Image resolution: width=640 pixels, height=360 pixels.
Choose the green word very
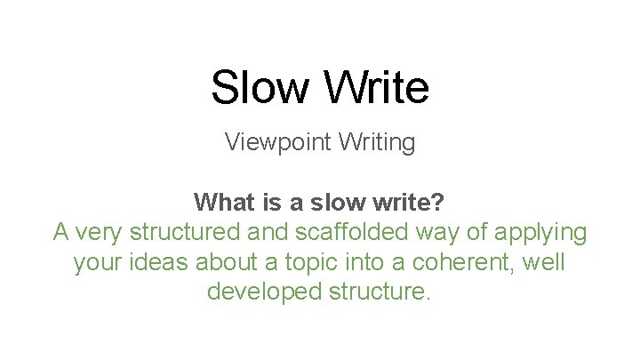pos(98,232)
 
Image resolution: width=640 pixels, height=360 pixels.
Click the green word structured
pos(185,232)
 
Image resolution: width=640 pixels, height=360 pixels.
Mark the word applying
pos(541,233)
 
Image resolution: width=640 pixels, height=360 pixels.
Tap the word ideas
pos(160,262)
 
